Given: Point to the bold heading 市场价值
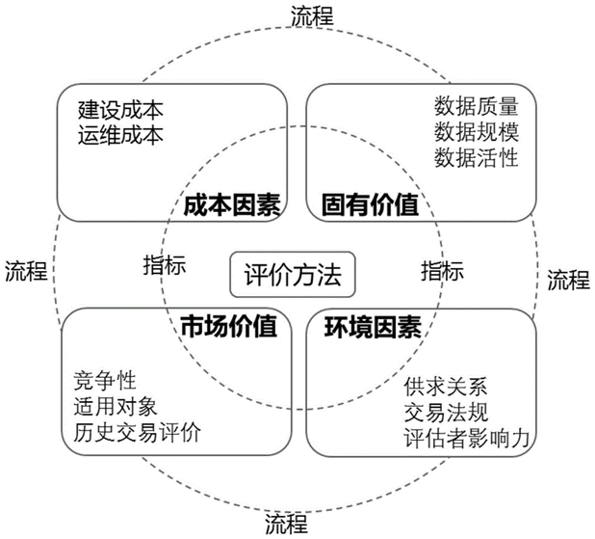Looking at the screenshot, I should [222, 328].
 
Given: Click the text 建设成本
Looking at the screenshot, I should [120, 109].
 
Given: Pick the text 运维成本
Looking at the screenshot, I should [120, 133].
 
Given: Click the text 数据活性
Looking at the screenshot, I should [477, 157].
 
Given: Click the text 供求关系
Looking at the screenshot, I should [446, 389].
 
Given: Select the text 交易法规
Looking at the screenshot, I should [446, 414].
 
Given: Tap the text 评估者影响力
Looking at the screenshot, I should [467, 440].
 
